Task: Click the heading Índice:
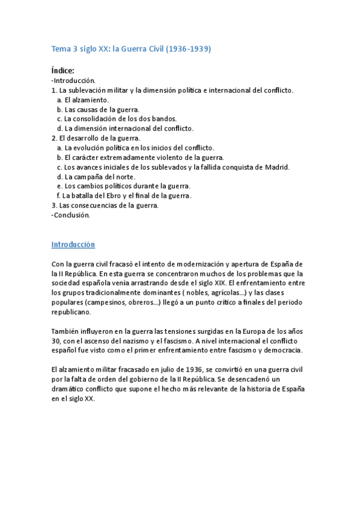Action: point(63,71)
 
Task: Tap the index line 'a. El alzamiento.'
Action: point(83,99)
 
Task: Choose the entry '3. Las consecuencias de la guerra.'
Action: point(105,205)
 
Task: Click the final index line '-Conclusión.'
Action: point(71,215)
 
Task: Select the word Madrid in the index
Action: point(278,167)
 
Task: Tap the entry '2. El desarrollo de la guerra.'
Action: point(96,138)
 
